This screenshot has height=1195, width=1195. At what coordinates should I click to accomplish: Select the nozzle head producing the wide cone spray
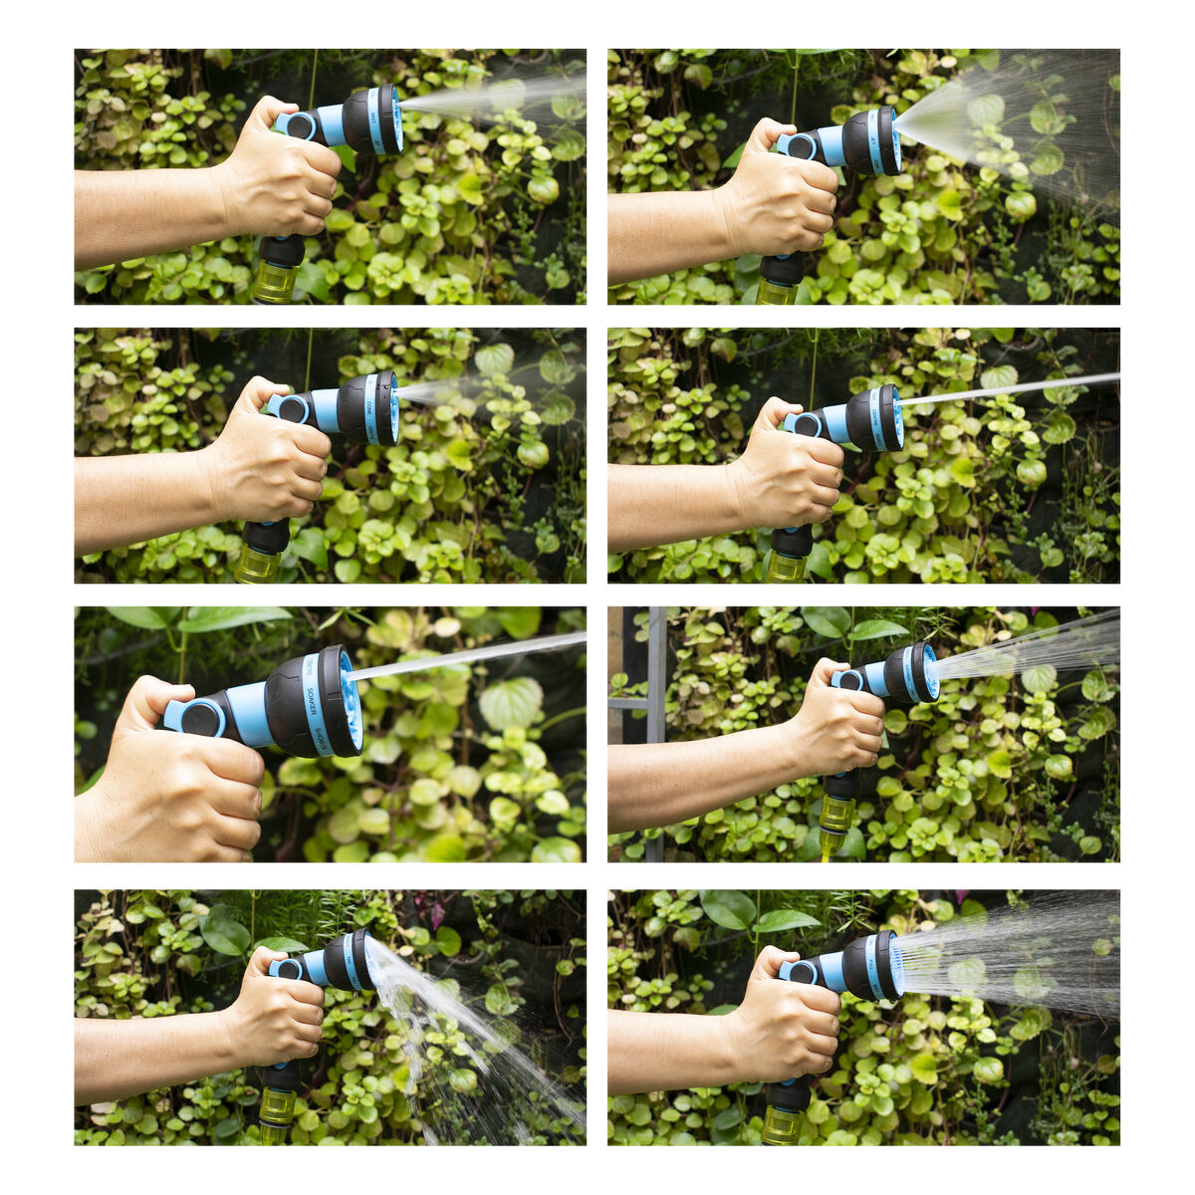click(x=871, y=141)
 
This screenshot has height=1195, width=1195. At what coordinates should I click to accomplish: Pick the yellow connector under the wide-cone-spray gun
click(x=777, y=292)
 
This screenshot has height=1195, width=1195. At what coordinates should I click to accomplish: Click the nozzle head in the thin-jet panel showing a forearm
click(x=874, y=418)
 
